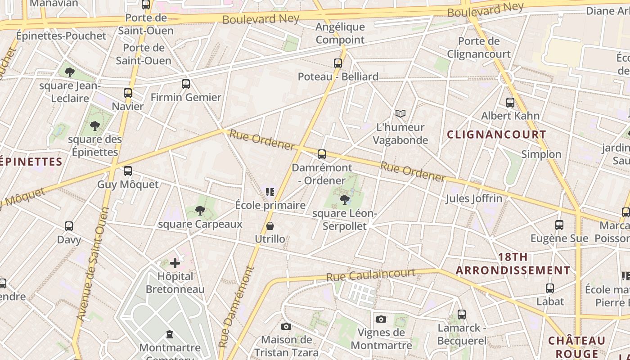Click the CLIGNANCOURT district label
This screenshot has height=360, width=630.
(x=496, y=135)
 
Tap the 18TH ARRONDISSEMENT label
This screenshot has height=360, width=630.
(x=513, y=264)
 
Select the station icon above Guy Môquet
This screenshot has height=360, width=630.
(x=128, y=171)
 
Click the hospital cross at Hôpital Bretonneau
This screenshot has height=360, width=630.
(x=175, y=263)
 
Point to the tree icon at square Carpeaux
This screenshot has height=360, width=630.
(x=200, y=210)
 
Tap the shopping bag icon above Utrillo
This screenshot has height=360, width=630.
(x=270, y=226)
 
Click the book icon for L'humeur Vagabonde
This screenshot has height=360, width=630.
(x=400, y=114)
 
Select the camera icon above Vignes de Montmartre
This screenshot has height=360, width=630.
(x=381, y=319)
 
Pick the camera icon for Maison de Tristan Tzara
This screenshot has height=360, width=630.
(x=286, y=326)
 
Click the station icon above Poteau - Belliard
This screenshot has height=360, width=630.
(x=338, y=63)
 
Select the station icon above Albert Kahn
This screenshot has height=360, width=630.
(x=510, y=103)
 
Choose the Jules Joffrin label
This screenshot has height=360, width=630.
(x=474, y=198)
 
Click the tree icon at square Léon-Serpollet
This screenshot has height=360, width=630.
(x=345, y=199)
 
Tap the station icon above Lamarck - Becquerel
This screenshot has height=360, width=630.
(x=462, y=315)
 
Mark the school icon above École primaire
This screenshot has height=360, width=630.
(x=270, y=193)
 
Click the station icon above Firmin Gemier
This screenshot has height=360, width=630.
(x=186, y=84)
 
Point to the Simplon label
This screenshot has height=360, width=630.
(x=541, y=154)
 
